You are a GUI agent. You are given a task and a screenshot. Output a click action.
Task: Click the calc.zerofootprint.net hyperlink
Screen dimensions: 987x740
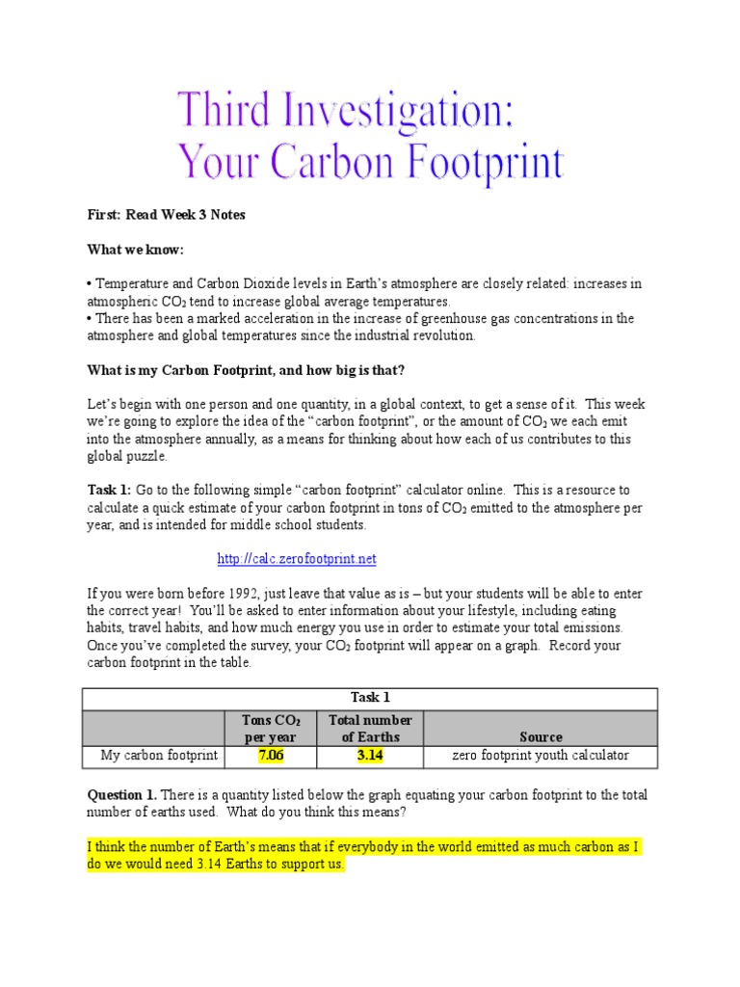[296, 559]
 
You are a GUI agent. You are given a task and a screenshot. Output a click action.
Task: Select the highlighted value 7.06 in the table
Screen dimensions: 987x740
[271, 756]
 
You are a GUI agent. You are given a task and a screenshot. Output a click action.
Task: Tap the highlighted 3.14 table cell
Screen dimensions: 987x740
[370, 756]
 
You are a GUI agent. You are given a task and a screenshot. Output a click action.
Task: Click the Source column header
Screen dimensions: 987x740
[541, 737]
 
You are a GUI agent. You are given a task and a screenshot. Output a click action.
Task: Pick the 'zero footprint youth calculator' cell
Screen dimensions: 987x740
[541, 756]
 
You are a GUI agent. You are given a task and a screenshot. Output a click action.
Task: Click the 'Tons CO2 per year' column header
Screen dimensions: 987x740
[271, 729]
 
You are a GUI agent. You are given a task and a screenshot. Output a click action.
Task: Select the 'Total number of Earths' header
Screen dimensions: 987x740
[370, 729]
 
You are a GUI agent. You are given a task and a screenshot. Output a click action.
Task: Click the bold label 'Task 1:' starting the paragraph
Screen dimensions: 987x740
[109, 490]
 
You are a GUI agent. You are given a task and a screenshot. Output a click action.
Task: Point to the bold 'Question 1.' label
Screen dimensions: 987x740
[121, 795]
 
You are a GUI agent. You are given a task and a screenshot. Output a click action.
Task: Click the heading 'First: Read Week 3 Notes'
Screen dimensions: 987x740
[166, 215]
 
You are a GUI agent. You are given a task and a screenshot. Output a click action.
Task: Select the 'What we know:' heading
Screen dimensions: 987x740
[135, 250]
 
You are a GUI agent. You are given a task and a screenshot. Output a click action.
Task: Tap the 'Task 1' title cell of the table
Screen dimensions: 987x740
[371, 698]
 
